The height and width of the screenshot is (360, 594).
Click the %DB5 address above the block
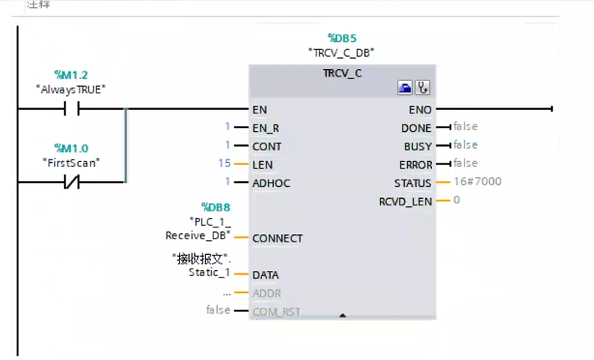(342, 38)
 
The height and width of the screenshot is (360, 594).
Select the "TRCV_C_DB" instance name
(342, 52)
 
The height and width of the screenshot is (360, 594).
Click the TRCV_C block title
(342, 73)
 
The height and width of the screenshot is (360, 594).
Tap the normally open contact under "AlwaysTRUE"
(71, 109)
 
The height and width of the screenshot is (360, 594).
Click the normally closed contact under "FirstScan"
(71, 182)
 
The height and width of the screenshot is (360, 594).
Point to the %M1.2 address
(71, 75)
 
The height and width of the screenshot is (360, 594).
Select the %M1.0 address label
(71, 148)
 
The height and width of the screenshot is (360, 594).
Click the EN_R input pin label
(266, 128)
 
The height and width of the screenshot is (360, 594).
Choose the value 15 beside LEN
(224, 163)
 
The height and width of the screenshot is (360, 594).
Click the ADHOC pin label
(271, 182)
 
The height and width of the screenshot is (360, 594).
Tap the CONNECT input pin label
(277, 239)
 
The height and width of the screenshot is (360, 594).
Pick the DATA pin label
(265, 275)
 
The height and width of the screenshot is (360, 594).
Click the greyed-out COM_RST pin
(276, 311)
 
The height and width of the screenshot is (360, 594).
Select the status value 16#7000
(478, 181)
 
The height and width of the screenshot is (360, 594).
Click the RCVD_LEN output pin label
(405, 201)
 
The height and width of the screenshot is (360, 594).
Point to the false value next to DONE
(465, 127)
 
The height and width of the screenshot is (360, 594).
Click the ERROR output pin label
(416, 164)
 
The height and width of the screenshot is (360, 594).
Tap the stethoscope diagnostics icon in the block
(422, 88)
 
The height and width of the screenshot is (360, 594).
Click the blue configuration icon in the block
(405, 88)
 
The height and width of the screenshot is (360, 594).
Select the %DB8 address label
(216, 206)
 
